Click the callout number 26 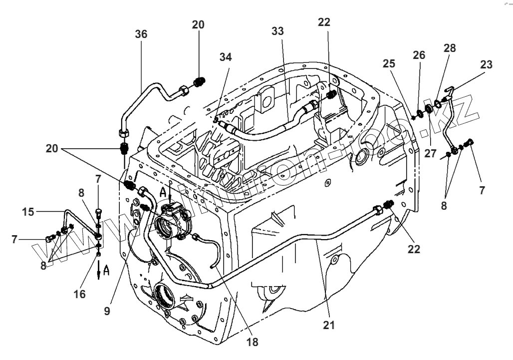coord(419,55)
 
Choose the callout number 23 coord(486,64)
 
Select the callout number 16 coord(80,294)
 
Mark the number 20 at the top coord(198,25)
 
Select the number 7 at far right coord(482,190)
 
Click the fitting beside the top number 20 coord(199,81)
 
